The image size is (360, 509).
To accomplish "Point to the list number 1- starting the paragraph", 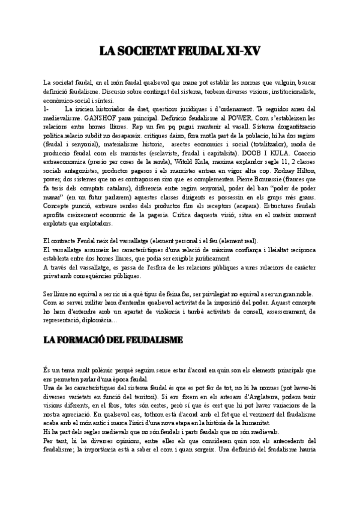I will point(47,110).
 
